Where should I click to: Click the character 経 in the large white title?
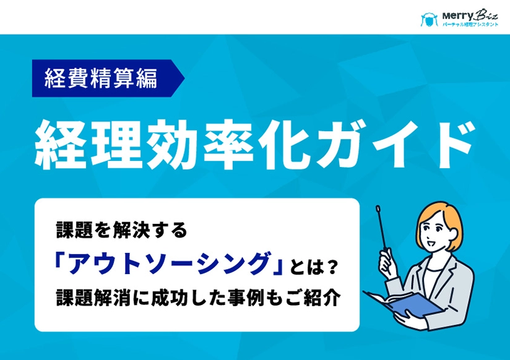point(58,146)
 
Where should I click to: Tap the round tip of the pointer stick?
point(376,210)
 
